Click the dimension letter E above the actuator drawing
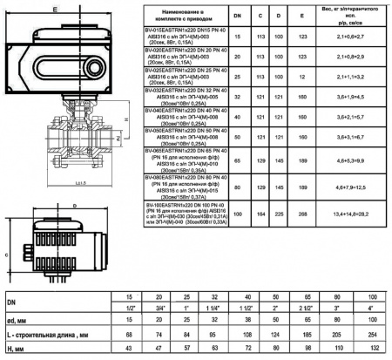[x=57, y=6]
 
